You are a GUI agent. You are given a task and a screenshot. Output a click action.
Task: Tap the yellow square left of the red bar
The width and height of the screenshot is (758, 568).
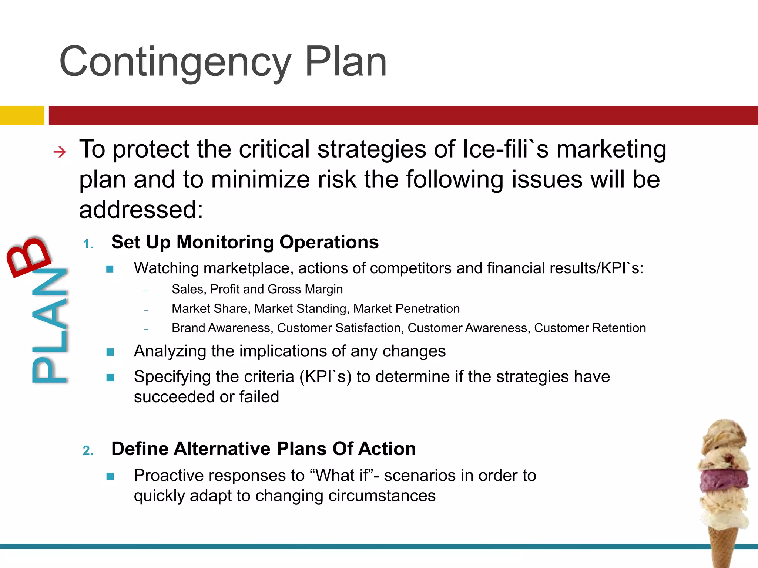[x=22, y=115]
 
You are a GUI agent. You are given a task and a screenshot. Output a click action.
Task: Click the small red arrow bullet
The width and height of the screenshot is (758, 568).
[x=60, y=152]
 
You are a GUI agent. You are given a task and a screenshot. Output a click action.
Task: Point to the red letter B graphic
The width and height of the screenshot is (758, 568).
[x=28, y=256]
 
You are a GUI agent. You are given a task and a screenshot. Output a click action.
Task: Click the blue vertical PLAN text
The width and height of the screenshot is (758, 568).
[x=50, y=325]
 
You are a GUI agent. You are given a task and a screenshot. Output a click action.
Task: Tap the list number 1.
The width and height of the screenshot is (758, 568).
[x=88, y=244]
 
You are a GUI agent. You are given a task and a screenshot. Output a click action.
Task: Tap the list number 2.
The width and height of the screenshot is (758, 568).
[x=88, y=451]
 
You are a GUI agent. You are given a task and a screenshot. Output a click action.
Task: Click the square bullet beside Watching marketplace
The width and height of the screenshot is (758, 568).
[x=110, y=269]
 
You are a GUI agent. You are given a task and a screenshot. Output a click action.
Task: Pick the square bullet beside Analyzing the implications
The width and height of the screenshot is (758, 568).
[x=110, y=352]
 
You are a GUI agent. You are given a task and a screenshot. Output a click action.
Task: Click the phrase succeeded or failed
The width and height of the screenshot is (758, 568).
[x=206, y=397]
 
